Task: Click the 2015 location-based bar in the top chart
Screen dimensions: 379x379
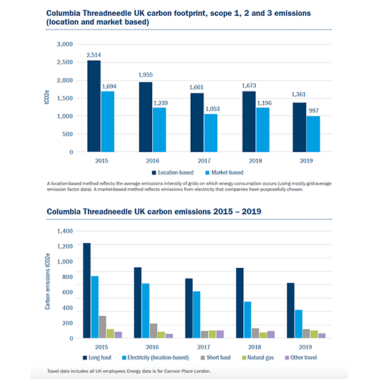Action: (93, 106)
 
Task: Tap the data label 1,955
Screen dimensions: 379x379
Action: (147, 75)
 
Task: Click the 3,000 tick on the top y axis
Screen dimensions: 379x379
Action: (64, 44)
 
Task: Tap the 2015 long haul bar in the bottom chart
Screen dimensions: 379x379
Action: (87, 291)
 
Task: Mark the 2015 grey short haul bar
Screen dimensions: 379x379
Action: (102, 327)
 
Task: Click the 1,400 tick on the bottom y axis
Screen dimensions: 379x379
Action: (66, 231)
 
